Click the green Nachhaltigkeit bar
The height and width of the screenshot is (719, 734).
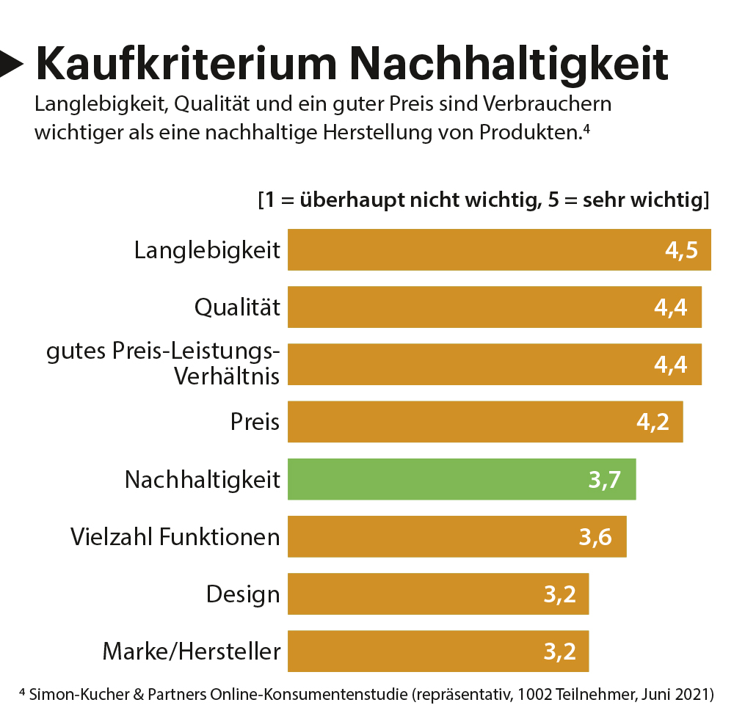tap(461, 479)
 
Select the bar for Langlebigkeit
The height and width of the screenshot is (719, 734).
tap(499, 249)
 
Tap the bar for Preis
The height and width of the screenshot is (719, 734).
tap(484, 422)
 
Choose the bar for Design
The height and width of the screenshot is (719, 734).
tap(437, 594)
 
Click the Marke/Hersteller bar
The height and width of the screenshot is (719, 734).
tap(437, 651)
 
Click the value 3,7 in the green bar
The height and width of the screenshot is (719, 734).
tap(605, 480)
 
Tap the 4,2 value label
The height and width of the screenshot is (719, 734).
tap(653, 423)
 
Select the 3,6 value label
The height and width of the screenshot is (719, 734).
tap(595, 537)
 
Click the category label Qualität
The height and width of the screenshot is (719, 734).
tap(237, 307)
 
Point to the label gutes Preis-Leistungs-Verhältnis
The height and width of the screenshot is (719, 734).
tap(163, 363)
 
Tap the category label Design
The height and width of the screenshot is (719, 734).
tap(243, 594)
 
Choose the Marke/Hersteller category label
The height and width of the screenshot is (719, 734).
tap(192, 651)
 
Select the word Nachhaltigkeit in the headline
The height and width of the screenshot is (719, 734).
tap(509, 65)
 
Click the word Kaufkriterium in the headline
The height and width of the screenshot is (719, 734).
tap(186, 65)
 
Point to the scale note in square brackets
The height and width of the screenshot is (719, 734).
tap(483, 200)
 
